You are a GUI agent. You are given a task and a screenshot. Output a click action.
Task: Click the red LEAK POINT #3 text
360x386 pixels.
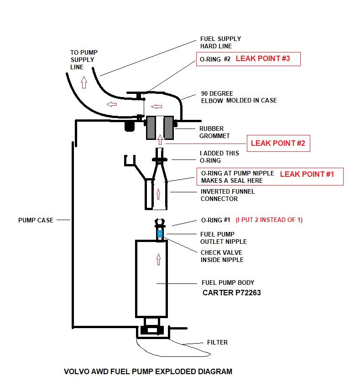262,59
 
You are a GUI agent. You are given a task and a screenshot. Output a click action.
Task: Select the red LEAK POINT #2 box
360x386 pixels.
278,144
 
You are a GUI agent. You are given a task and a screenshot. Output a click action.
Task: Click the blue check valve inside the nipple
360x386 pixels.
160,234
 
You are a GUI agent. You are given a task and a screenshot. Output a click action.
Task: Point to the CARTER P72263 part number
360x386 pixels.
231,293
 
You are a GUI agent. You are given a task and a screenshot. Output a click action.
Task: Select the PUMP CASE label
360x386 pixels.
36,220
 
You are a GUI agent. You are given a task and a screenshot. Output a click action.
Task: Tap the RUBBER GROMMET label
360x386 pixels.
214,132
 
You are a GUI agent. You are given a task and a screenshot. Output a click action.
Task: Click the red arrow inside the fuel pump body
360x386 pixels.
158,259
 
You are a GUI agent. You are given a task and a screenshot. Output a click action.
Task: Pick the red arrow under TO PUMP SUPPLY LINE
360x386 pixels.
83,82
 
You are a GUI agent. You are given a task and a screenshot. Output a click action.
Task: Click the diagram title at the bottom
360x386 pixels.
148,371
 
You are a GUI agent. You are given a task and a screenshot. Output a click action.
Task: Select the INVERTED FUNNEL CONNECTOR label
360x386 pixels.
227,195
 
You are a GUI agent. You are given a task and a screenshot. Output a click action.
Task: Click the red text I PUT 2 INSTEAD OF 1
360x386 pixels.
269,220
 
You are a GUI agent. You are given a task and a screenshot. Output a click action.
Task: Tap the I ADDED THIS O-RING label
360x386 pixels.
219,156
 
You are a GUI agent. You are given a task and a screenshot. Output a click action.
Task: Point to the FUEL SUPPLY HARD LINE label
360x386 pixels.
220,42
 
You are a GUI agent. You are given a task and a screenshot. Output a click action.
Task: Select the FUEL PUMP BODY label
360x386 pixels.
228,282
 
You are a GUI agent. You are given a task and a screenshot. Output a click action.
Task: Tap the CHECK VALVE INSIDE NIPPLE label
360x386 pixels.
222,256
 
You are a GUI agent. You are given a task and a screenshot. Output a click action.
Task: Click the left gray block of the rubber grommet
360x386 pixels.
151,127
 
